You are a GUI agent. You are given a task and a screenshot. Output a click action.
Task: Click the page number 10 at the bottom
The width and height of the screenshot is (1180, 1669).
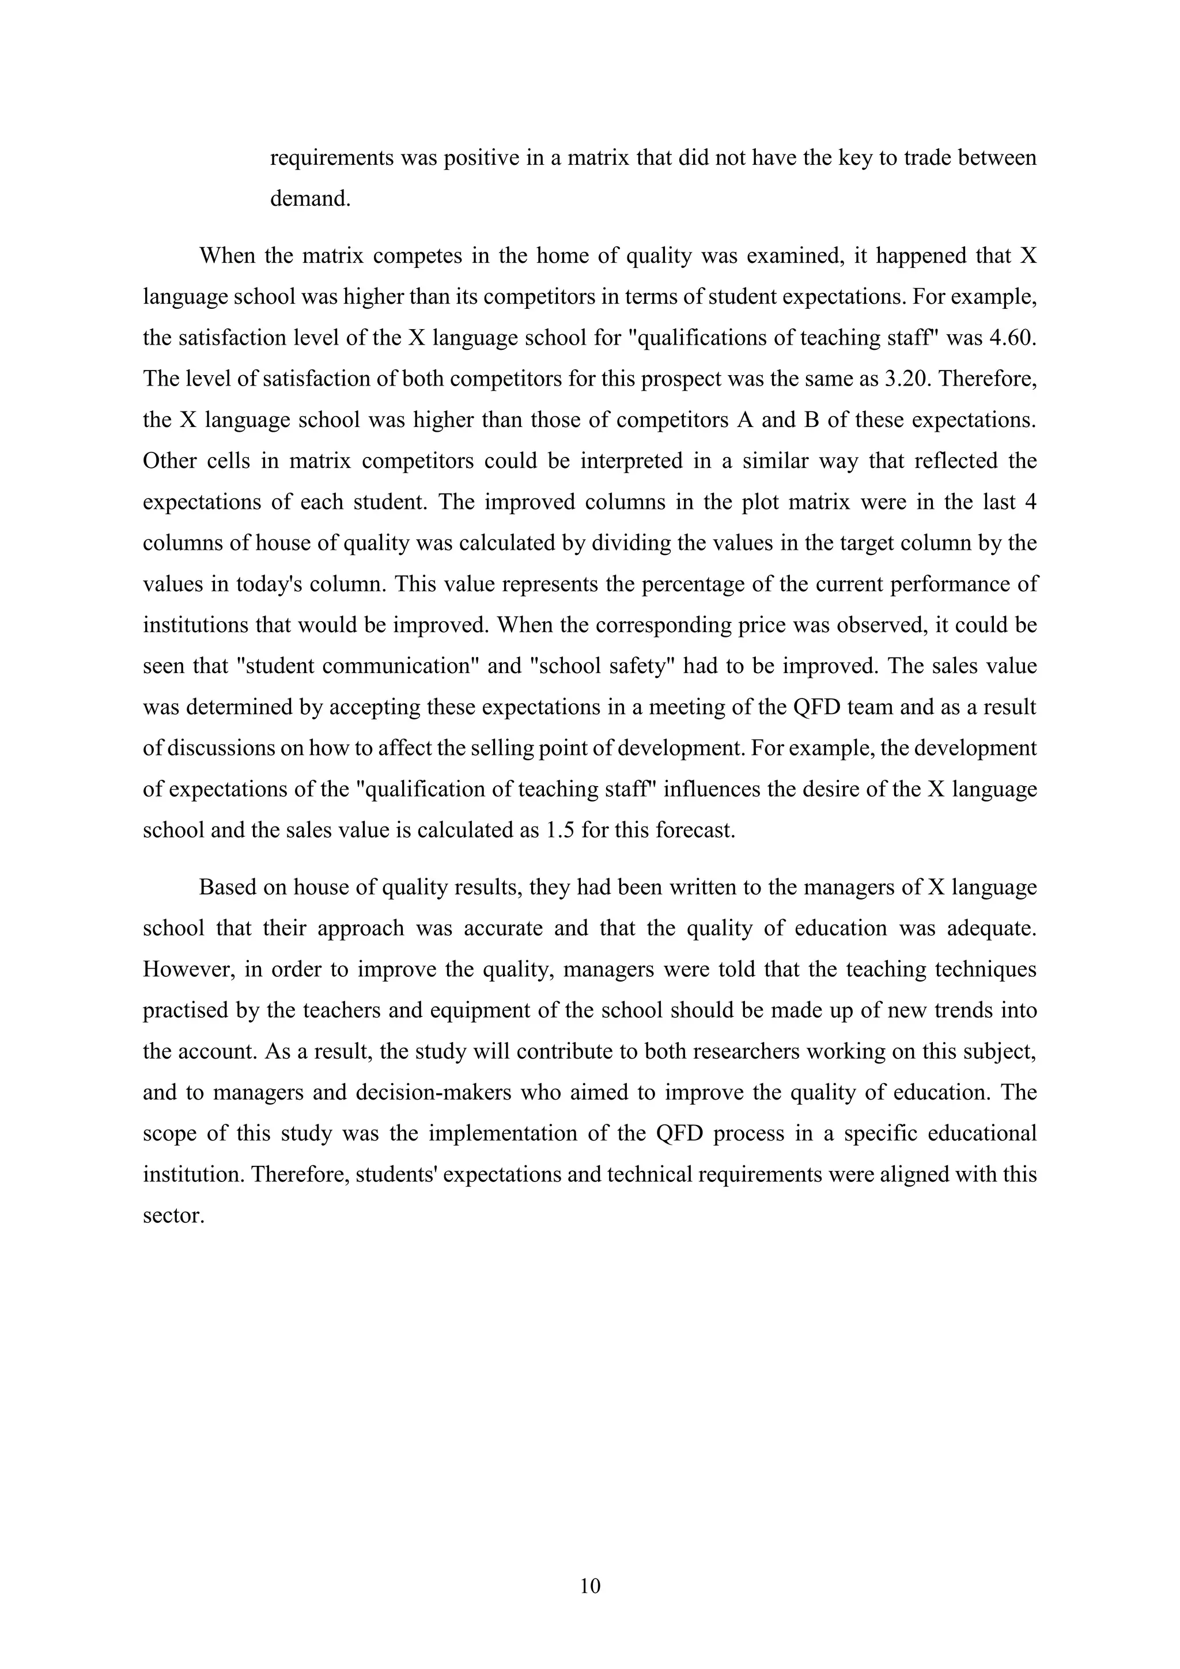click(x=591, y=1585)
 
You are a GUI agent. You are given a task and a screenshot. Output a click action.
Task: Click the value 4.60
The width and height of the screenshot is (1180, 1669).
click(x=1011, y=338)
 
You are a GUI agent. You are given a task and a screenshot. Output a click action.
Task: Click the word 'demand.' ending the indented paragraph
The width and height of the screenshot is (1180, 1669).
click(x=310, y=198)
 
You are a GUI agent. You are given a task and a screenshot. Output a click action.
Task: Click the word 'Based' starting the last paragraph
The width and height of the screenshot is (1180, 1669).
click(x=228, y=888)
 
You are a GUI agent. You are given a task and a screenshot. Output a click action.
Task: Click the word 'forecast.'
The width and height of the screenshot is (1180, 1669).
click(x=696, y=830)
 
